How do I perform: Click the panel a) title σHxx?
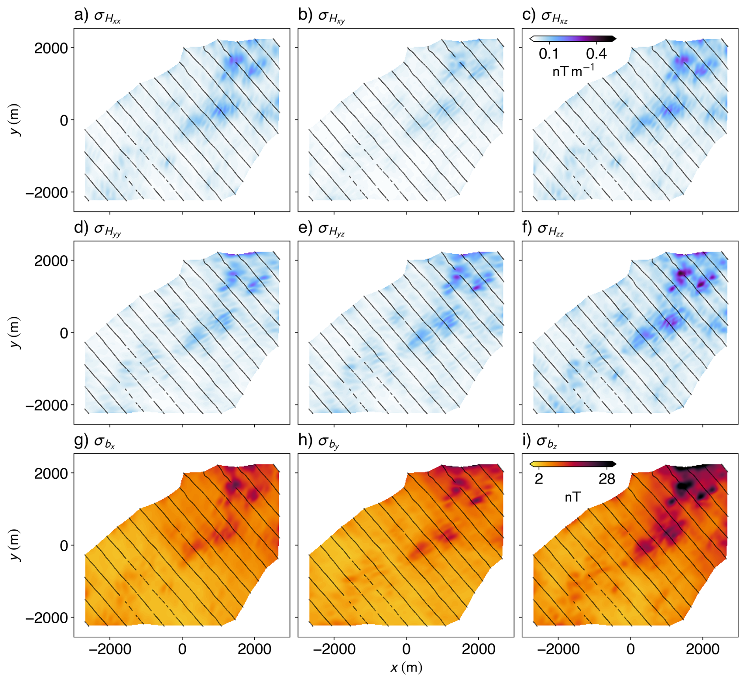[x=97, y=16]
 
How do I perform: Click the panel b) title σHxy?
[x=321, y=16]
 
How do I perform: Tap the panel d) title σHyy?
[x=97, y=229]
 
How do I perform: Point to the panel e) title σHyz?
[x=321, y=229]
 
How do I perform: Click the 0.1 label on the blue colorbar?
[x=548, y=54]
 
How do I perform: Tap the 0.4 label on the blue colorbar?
[x=596, y=54]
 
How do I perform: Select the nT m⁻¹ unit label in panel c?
[x=573, y=71]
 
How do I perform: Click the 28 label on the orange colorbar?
[x=606, y=479]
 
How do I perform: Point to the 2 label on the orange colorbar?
[x=539, y=479]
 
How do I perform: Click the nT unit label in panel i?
[x=573, y=497]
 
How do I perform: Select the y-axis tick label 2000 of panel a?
[x=51, y=48]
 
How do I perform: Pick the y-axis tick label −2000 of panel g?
[x=47, y=618]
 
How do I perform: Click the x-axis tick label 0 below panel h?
[x=406, y=649]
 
